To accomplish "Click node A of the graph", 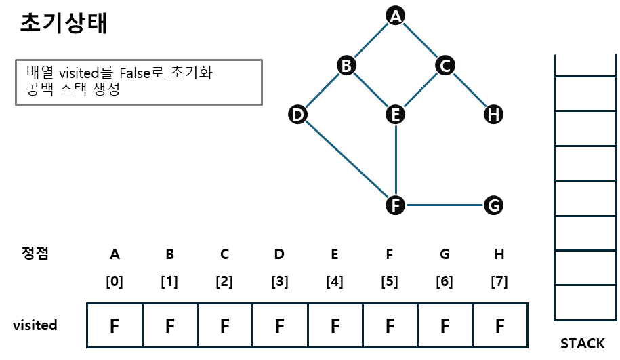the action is (395, 16).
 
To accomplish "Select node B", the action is (346, 65).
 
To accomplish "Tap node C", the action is (445, 65).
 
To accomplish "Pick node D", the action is (297, 115).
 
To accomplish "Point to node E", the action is (395, 115).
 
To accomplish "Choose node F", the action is (395, 205).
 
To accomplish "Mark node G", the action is (493, 205).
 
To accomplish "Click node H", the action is (493, 115).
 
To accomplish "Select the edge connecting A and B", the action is (371, 40).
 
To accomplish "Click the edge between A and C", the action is (420, 40).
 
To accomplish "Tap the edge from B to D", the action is (322, 89).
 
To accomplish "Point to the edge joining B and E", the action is (371, 89).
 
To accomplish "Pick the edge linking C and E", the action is (420, 89).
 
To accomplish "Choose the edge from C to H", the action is (469, 89).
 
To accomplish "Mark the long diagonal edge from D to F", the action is (346, 159).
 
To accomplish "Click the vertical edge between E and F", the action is (395, 159).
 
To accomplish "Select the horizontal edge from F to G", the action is (445, 205).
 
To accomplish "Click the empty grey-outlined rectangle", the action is (139, 82).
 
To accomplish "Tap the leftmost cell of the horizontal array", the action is (115, 325).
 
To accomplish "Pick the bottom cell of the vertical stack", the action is (585, 302).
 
